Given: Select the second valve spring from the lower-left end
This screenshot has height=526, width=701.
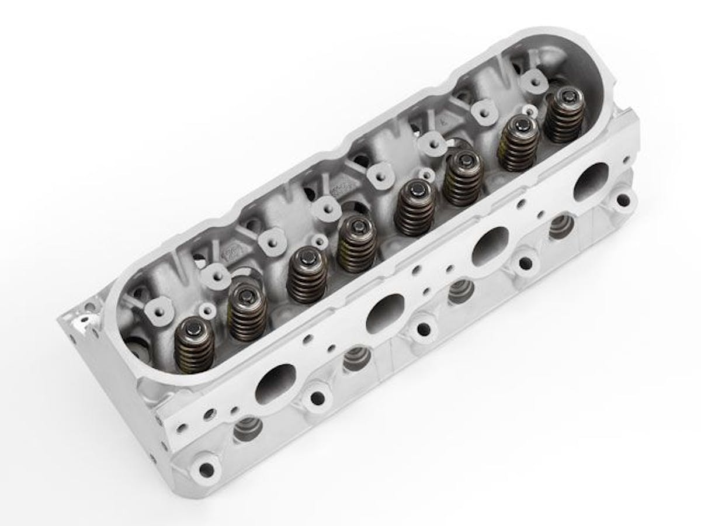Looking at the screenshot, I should pos(247,313).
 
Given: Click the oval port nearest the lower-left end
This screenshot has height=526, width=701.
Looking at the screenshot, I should pos(275,384).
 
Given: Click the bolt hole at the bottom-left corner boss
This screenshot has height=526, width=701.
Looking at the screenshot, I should pos(206,469).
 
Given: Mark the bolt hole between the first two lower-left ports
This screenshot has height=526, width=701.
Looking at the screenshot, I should pos(317,398).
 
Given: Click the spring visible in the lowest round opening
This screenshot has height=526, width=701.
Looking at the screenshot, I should pos(246,430).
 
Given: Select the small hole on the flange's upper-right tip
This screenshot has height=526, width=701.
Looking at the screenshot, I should pos(627,158).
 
